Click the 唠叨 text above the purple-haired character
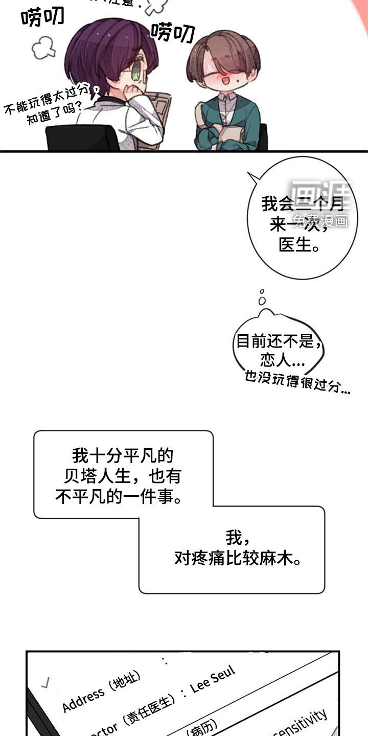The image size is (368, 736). pos(43,17)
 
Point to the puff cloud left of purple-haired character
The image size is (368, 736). pos(44,49)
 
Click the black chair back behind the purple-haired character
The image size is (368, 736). pos(82,138)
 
